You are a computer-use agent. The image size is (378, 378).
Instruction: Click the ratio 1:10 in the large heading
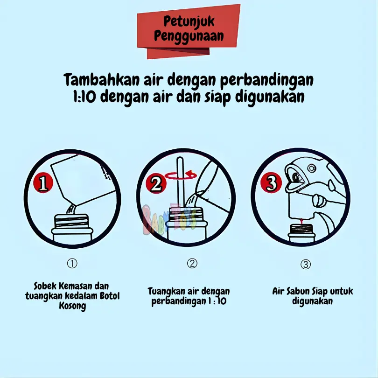pyautogui.click(x=84, y=97)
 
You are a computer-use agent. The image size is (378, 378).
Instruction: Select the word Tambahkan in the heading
pyautogui.click(x=102, y=79)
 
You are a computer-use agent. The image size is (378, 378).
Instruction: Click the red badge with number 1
pyautogui.click(x=43, y=183)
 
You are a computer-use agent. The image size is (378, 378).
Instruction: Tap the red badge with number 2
pyautogui.click(x=156, y=184)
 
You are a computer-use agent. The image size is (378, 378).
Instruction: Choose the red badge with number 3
pyautogui.click(x=271, y=182)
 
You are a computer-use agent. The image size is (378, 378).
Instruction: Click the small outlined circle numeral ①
pyautogui.click(x=72, y=263)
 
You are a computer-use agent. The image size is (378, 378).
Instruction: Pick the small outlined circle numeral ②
pyautogui.click(x=192, y=263)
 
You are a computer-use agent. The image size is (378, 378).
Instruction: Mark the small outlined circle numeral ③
pyautogui.click(x=306, y=264)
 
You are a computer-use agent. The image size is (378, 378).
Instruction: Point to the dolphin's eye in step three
pyautogui.click(x=296, y=177)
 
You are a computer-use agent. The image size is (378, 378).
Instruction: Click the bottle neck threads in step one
pyautogui.click(x=71, y=221)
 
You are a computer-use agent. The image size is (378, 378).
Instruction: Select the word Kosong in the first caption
pyautogui.click(x=72, y=306)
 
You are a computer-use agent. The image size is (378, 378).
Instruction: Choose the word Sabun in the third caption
pyautogui.click(x=297, y=292)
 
